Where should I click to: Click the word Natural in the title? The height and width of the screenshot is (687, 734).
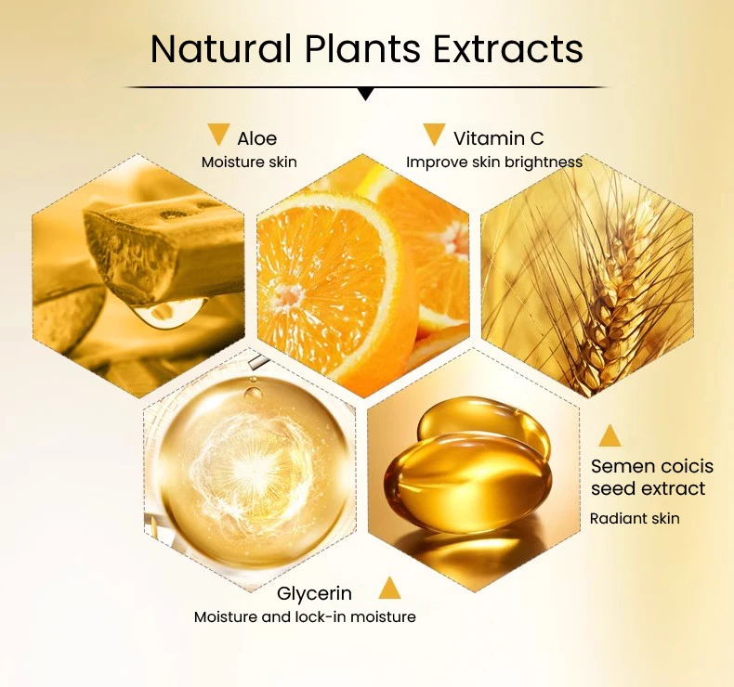[220, 48]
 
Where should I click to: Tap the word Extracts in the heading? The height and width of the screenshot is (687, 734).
[508, 48]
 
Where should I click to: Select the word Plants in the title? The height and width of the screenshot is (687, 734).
[362, 48]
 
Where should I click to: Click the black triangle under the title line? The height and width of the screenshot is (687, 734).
[366, 94]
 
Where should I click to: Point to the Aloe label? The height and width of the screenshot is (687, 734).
[257, 138]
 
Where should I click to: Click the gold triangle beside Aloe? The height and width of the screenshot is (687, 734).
[218, 135]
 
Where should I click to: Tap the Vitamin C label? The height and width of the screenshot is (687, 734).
[499, 138]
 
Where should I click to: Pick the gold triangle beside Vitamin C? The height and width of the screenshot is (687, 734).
[434, 135]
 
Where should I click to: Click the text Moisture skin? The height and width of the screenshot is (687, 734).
[249, 162]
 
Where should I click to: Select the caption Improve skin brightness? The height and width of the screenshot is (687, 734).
[494, 162]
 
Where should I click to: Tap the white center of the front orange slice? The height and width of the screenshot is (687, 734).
[288, 295]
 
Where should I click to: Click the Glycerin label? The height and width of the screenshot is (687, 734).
[314, 593]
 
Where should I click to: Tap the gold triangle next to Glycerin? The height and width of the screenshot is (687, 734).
[389, 588]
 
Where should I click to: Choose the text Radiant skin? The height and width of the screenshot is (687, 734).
[635, 519]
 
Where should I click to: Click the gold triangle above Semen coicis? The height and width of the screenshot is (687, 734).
[609, 435]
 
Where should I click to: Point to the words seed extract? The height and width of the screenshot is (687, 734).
[648, 488]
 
